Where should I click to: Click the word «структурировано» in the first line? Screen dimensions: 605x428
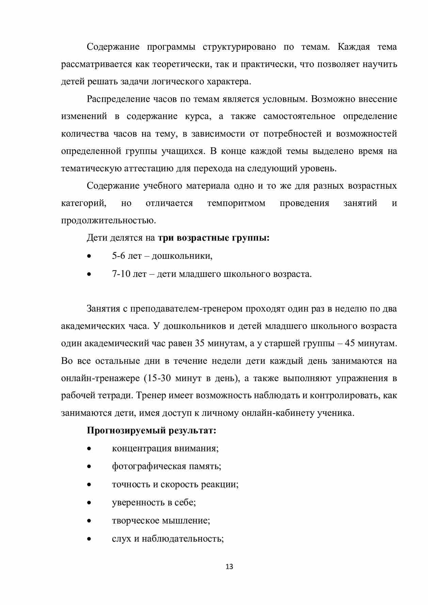click(239, 47)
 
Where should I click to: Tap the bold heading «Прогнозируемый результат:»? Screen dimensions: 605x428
click(152, 431)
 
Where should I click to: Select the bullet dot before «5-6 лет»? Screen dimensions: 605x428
click(89, 256)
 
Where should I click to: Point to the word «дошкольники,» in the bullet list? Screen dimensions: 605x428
click(182, 256)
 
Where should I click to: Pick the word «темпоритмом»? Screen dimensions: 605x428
click(236, 203)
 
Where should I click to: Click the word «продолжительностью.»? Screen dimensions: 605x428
click(108, 221)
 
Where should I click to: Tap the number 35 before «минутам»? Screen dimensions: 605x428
click(200, 343)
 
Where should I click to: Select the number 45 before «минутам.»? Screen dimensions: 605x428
click(350, 343)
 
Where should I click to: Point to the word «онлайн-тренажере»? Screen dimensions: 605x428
click(100, 378)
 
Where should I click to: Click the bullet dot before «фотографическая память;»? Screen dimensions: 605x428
click(89, 466)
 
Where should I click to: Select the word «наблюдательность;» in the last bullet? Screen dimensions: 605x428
click(183, 539)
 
